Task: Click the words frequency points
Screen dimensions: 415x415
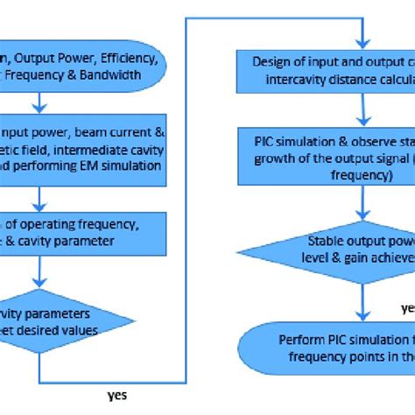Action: pyautogui.click(x=320, y=355)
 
